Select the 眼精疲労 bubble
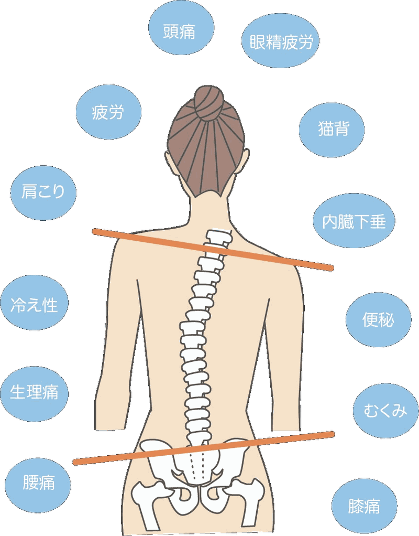280,41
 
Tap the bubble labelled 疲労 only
108,112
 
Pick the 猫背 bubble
332,130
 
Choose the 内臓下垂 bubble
354,220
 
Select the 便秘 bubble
378,319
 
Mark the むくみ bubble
385,410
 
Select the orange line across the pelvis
204,448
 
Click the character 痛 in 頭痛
188,31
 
